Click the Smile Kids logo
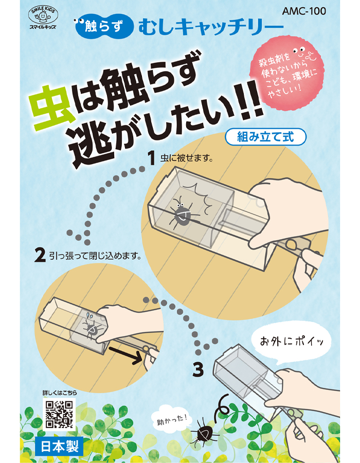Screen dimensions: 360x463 coord(43,18)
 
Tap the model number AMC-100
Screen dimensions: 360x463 coord(304,11)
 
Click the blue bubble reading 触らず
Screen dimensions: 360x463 coord(103,27)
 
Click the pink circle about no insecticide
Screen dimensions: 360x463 coord(286,76)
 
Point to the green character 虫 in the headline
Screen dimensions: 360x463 coord(54,109)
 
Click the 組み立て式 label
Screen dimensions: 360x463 coord(265,137)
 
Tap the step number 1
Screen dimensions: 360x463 coord(152,158)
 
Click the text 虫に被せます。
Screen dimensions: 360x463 coord(187,158)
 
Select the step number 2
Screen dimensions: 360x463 coord(40,255)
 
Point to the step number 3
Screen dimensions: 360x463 coord(198,370)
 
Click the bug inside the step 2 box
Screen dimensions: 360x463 coord(91,328)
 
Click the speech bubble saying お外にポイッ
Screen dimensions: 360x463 coord(292,343)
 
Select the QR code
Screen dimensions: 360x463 coord(59,414)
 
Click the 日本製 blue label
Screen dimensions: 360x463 coord(59,446)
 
